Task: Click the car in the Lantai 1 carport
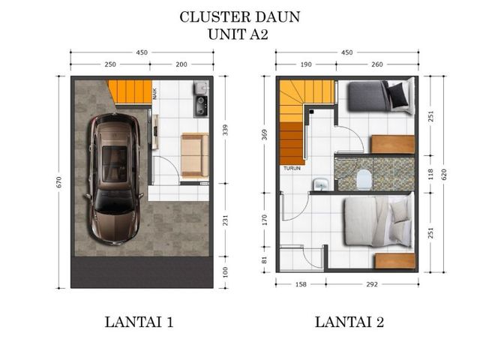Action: pyautogui.click(x=115, y=179)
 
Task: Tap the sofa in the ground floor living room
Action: pyautogui.click(x=195, y=155)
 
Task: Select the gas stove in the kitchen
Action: pyautogui.click(x=201, y=106)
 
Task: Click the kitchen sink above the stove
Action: pyautogui.click(x=202, y=87)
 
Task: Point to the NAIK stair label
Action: pyautogui.click(x=155, y=93)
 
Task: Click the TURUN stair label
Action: pyautogui.click(x=292, y=168)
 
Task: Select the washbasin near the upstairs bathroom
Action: pyautogui.click(x=320, y=184)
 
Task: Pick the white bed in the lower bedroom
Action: pyautogui.click(x=379, y=221)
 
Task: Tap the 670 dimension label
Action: pyautogui.click(x=59, y=182)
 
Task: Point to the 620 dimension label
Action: pyautogui.click(x=444, y=174)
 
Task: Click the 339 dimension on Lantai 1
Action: pyautogui.click(x=225, y=130)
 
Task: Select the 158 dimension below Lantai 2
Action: pyautogui.click(x=301, y=284)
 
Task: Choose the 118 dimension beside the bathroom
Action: pyautogui.click(x=430, y=174)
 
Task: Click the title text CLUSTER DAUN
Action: pyautogui.click(x=240, y=17)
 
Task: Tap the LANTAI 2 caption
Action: pyautogui.click(x=349, y=322)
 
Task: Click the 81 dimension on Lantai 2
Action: pyautogui.click(x=265, y=260)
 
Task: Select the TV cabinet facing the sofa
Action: pyautogui.click(x=155, y=132)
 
